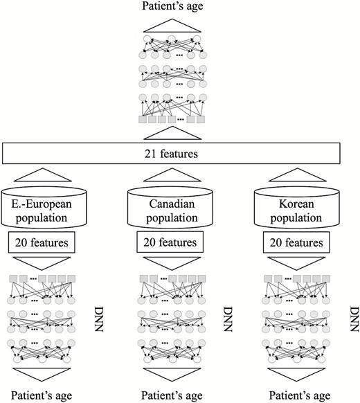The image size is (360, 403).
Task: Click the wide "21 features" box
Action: pyautogui.click(x=171, y=154)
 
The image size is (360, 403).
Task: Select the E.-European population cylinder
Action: pyautogui.click(x=44, y=208)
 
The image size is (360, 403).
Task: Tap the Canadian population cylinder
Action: pyautogui.click(x=170, y=208)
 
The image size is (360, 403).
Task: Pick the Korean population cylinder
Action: pyautogui.click(x=297, y=208)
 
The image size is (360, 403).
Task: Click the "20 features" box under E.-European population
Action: pyautogui.click(x=42, y=242)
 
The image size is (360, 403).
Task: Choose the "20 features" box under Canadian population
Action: pyautogui.click(x=170, y=242)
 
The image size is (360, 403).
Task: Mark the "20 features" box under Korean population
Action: pyautogui.click(x=296, y=242)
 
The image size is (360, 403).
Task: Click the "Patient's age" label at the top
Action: pyautogui.click(x=172, y=6)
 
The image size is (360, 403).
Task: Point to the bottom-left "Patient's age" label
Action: pyautogui.click(x=42, y=395)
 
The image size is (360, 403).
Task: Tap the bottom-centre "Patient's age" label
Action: pyautogui.click(x=172, y=395)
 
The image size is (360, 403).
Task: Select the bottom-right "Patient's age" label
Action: pyautogui.click(x=300, y=395)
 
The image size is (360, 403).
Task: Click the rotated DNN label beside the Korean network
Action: pyautogui.click(x=354, y=319)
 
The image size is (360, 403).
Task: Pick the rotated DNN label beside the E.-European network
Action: pyautogui.click(x=99, y=319)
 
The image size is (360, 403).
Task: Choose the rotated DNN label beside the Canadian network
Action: pyautogui.click(x=228, y=319)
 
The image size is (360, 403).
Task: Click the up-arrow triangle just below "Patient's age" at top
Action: pyautogui.click(x=172, y=26)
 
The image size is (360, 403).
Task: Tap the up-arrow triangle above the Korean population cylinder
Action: pyautogui.click(x=297, y=175)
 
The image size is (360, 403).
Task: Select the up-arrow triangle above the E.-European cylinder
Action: pyautogui.click(x=42, y=175)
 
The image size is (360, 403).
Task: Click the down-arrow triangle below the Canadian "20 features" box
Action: pyautogui.click(x=172, y=263)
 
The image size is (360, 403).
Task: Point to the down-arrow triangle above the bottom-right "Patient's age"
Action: pyautogui.click(x=296, y=375)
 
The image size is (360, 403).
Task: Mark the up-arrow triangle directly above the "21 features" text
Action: pyautogui.click(x=172, y=133)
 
